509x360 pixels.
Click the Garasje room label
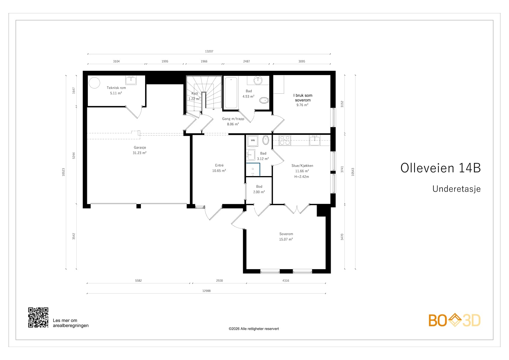[140, 148]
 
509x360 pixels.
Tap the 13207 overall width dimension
[209, 51]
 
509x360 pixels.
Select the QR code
[38, 317]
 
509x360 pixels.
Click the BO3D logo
[454, 321]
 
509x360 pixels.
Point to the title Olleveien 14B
[440, 168]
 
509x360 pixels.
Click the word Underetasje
[456, 189]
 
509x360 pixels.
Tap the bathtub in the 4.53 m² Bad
[231, 93]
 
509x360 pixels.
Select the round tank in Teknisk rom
[94, 83]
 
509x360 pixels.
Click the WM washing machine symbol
[252, 140]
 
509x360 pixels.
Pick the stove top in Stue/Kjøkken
[285, 140]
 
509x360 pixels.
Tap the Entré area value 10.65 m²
[219, 171]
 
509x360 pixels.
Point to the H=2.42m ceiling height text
[302, 177]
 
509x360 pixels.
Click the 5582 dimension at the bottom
[138, 281]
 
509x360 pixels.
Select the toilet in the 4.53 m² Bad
[264, 101]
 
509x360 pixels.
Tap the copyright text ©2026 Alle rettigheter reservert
[254, 329]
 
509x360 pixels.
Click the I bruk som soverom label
[303, 98]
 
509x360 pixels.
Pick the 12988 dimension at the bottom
[206, 291]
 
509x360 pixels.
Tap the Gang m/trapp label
[233, 119]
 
